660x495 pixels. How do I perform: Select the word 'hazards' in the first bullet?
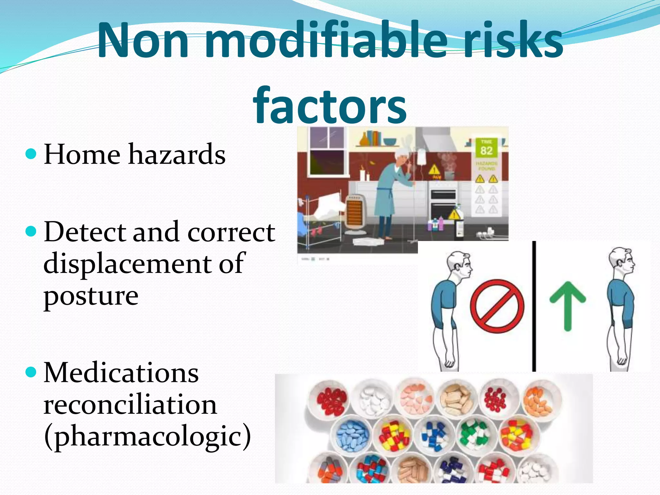[x=177, y=154]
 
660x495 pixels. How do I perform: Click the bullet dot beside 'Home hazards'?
[x=31, y=154]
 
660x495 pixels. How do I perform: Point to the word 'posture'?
[x=91, y=296]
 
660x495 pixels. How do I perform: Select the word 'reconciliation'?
[x=130, y=404]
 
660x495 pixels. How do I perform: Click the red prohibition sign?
[x=497, y=306]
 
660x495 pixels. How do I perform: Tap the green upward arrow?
[x=568, y=305]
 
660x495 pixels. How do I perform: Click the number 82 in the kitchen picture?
[x=486, y=150]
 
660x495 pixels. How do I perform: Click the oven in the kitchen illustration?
[x=443, y=203]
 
